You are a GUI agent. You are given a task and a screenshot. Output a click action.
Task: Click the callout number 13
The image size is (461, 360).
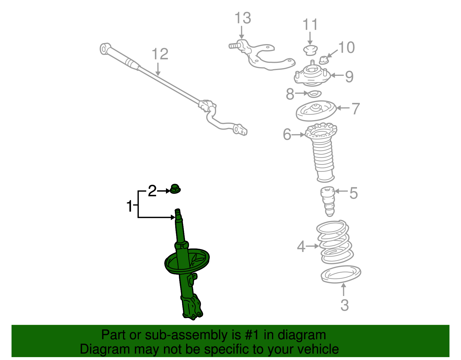click(x=243, y=18)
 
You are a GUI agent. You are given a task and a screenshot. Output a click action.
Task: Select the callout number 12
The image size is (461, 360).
click(x=160, y=54)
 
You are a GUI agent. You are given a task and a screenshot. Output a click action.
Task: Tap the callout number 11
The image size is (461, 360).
click(x=310, y=24)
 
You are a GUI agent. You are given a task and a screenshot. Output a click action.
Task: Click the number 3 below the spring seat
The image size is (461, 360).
click(x=345, y=305)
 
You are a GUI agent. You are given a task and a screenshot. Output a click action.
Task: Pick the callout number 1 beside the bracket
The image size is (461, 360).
click(x=129, y=206)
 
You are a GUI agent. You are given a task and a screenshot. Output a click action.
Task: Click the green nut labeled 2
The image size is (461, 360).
click(x=175, y=189)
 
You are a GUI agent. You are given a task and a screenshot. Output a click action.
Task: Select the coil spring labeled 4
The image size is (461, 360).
click(x=335, y=242)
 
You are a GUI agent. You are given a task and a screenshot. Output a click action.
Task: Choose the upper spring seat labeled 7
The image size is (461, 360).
click(x=316, y=111)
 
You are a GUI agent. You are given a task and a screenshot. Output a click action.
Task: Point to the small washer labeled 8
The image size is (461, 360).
click(x=314, y=94)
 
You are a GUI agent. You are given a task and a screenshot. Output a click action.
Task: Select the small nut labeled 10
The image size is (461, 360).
click(x=324, y=60)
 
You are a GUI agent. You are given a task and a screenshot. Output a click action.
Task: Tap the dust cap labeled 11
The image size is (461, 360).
click(x=310, y=50)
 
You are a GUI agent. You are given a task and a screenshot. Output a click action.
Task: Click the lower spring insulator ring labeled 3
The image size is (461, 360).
click(x=341, y=274)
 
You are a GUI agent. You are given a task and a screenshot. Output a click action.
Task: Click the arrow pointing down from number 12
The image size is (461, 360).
click(x=158, y=69)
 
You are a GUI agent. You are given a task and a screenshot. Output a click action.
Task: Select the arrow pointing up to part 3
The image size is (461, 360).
click(x=343, y=289)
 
